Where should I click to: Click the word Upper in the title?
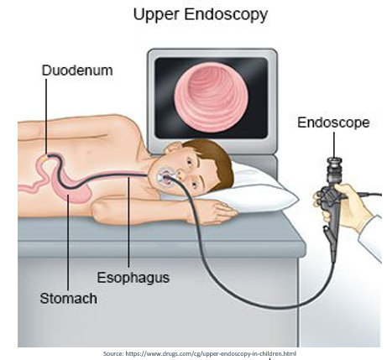(x=156, y=15)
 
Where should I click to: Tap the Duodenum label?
(x=77, y=70)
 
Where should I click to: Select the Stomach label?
(x=68, y=299)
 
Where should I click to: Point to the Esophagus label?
(x=133, y=278)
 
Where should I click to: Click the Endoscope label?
(x=333, y=123)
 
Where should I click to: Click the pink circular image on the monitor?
(x=212, y=97)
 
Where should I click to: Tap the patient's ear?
(x=173, y=148)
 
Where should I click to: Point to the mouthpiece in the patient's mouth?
(x=166, y=177)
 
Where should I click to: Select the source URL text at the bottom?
(x=200, y=353)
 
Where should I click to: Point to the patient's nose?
(x=179, y=175)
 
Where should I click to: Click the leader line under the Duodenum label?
(x=46, y=116)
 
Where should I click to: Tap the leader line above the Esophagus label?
(x=128, y=222)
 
